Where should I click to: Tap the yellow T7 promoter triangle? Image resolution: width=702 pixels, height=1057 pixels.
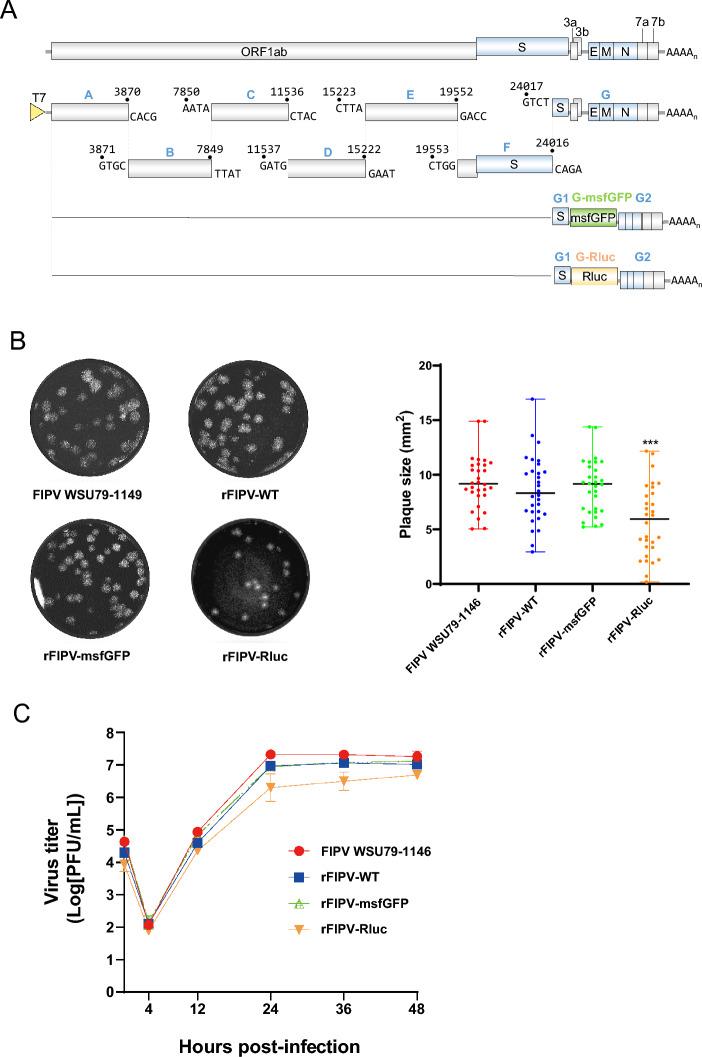coord(38,112)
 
